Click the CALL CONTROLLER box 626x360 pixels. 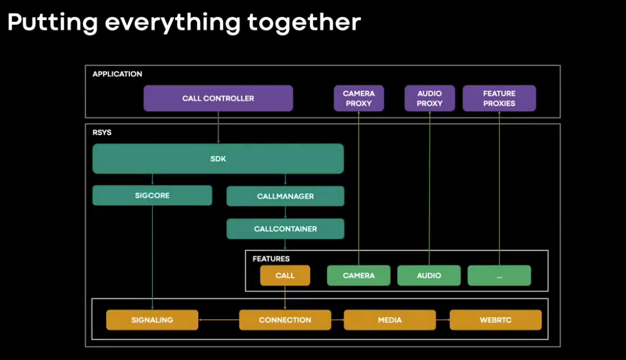(x=218, y=98)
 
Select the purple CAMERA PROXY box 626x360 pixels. (x=359, y=98)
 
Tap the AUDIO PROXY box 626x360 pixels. (x=429, y=98)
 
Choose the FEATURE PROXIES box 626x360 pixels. (x=499, y=98)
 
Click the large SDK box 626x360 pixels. (x=217, y=159)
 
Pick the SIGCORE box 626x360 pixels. (x=152, y=195)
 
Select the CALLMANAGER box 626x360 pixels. (x=285, y=196)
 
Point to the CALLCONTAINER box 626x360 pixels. (x=285, y=229)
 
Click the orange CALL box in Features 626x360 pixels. (x=285, y=275)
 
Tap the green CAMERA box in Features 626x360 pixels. (x=359, y=275)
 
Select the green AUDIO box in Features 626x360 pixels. (x=429, y=275)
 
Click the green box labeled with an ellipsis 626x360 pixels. (x=499, y=275)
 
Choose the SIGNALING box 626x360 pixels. (x=152, y=320)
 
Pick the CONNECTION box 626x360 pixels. (x=285, y=320)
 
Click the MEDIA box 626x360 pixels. (x=390, y=320)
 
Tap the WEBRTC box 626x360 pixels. (x=495, y=320)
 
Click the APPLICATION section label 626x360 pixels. (x=118, y=74)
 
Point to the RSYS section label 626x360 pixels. (x=102, y=133)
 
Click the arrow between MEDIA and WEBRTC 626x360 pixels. (x=443, y=320)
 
